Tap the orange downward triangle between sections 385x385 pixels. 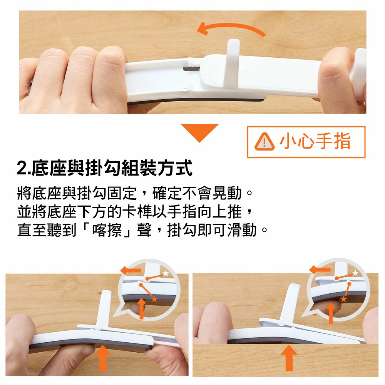[x=199, y=131]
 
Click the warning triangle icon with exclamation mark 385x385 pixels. [x=264, y=142]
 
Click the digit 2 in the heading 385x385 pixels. [x=22, y=169]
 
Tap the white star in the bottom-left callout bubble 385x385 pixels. [x=166, y=273]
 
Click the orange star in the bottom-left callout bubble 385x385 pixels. [x=154, y=299]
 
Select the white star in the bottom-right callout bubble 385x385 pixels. [x=355, y=273]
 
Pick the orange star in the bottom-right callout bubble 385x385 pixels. [x=343, y=299]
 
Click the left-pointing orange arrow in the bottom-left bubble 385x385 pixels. [x=131, y=270]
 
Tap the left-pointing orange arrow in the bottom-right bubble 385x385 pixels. [x=320, y=269]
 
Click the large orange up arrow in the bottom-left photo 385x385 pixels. [x=103, y=358]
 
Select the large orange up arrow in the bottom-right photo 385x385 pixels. [x=289, y=358]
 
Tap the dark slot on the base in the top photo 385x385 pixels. [x=191, y=69]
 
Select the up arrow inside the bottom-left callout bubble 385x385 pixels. [x=141, y=308]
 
